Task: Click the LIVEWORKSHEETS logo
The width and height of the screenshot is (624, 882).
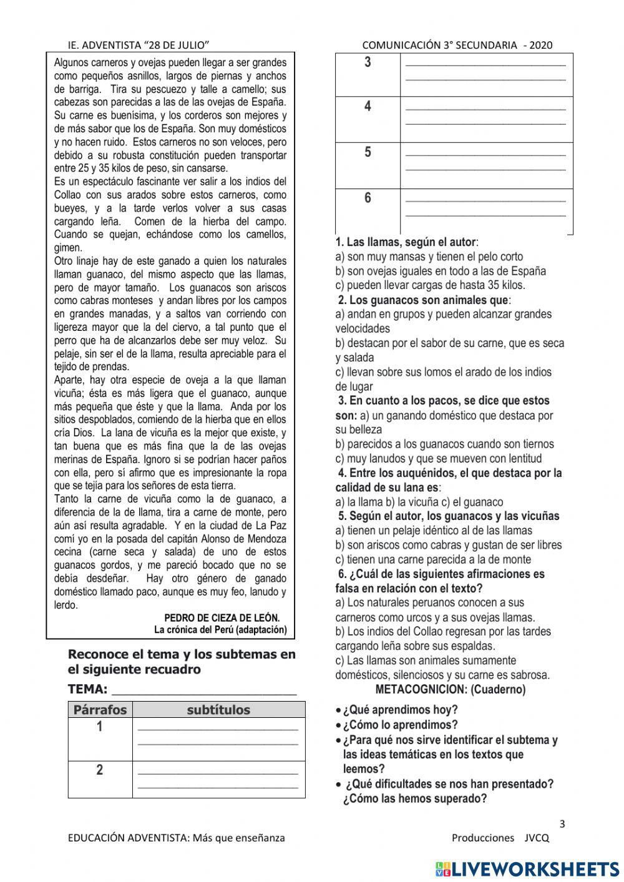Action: [527, 869]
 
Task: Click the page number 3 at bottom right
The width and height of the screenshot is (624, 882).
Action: [562, 823]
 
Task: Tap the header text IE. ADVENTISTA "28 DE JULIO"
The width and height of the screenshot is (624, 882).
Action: [138, 45]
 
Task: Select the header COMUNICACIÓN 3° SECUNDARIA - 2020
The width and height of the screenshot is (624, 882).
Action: [457, 45]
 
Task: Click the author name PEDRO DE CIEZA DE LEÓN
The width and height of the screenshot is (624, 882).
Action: [222, 618]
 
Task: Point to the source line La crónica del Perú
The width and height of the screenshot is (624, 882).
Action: [220, 630]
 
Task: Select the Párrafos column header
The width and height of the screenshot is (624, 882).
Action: [100, 710]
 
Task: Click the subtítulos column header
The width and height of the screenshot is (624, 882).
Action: [218, 710]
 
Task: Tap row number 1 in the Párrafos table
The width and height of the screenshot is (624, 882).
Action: [99, 727]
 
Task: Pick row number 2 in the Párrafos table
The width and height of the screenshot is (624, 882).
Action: [99, 770]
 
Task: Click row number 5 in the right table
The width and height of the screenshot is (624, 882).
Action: [368, 152]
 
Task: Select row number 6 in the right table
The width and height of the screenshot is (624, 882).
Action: [368, 198]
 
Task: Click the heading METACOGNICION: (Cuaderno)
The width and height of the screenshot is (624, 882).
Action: [451, 690]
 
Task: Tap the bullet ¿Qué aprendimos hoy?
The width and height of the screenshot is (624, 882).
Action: [400, 710]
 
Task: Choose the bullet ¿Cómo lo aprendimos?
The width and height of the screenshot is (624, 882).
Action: [400, 725]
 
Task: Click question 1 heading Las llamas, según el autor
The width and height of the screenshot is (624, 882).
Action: [407, 242]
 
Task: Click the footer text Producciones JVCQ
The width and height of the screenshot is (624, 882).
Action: [500, 838]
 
